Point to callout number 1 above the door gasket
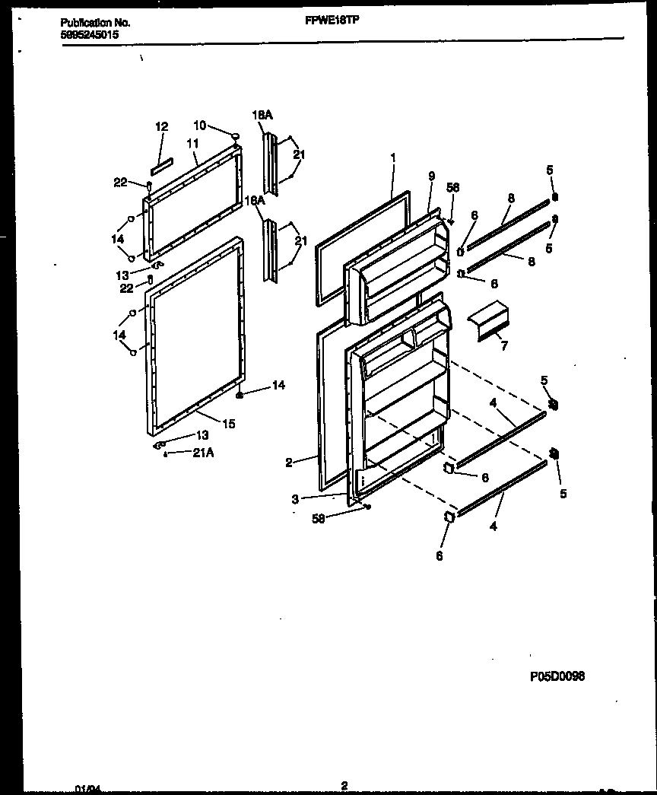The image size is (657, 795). [392, 157]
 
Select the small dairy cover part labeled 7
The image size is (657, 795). [489, 317]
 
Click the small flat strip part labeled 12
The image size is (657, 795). [162, 164]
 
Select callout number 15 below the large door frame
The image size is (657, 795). [228, 424]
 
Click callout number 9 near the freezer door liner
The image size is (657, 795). [431, 176]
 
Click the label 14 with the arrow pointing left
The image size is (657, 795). [278, 386]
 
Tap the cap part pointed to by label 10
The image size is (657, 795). [236, 136]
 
